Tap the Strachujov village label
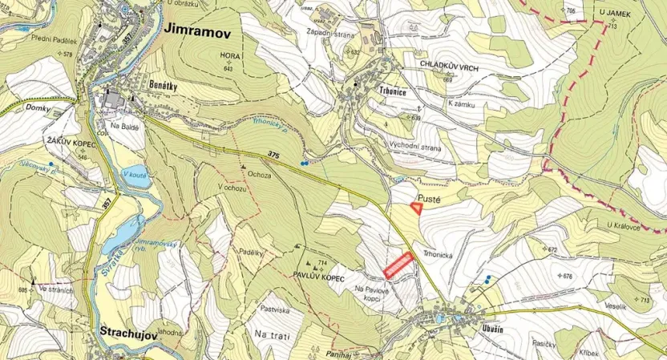click(x=129, y=330)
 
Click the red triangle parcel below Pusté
click(x=417, y=207)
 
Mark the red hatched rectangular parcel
click(x=398, y=265)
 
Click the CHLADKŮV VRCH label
click(x=448, y=70)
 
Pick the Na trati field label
click(x=271, y=333)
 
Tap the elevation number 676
click(x=568, y=276)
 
